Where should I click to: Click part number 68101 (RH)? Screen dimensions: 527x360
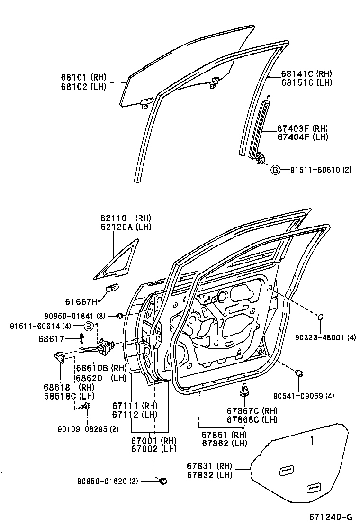click(x=83, y=77)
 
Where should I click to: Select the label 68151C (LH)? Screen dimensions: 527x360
click(x=306, y=82)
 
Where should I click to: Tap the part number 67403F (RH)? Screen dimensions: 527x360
click(x=302, y=128)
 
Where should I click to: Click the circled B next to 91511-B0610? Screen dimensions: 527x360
click(x=275, y=170)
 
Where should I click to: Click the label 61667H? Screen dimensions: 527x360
click(x=81, y=301)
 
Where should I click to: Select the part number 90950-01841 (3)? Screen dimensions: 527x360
click(x=75, y=316)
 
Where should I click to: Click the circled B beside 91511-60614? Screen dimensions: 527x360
click(x=89, y=326)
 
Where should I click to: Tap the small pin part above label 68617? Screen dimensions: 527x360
click(x=82, y=338)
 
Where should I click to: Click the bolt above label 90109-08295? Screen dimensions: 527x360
click(x=86, y=406)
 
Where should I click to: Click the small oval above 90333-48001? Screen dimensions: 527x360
click(x=321, y=317)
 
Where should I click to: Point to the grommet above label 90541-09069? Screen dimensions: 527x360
click(x=299, y=373)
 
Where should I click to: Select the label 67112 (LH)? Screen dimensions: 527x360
click(x=135, y=414)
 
